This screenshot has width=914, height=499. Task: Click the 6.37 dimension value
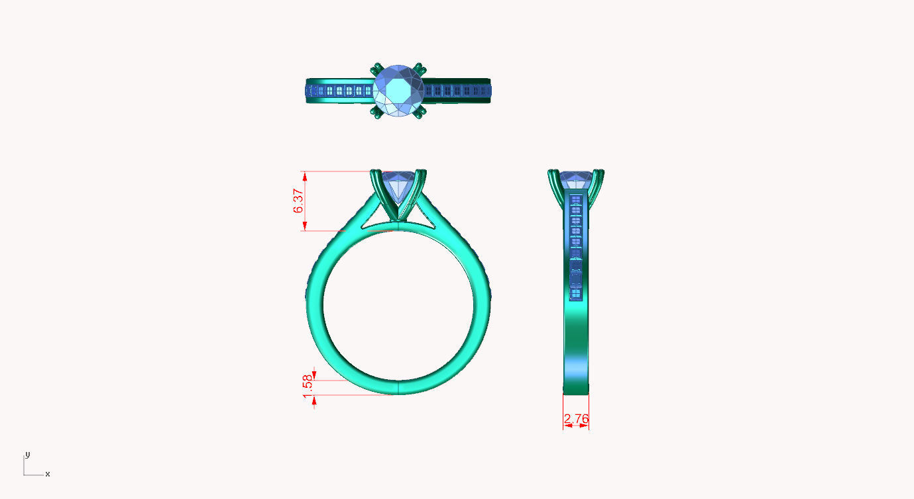[298, 201]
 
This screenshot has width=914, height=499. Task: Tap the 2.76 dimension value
[576, 419]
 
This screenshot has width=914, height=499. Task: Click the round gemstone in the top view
[398, 91]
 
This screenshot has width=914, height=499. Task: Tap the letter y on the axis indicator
[27, 455]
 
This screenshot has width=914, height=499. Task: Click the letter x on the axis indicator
[48, 474]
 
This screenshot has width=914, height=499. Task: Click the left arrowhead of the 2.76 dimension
[566, 425]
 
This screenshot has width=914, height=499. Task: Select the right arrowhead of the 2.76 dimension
[585, 425]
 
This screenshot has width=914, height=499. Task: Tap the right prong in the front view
[416, 192]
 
